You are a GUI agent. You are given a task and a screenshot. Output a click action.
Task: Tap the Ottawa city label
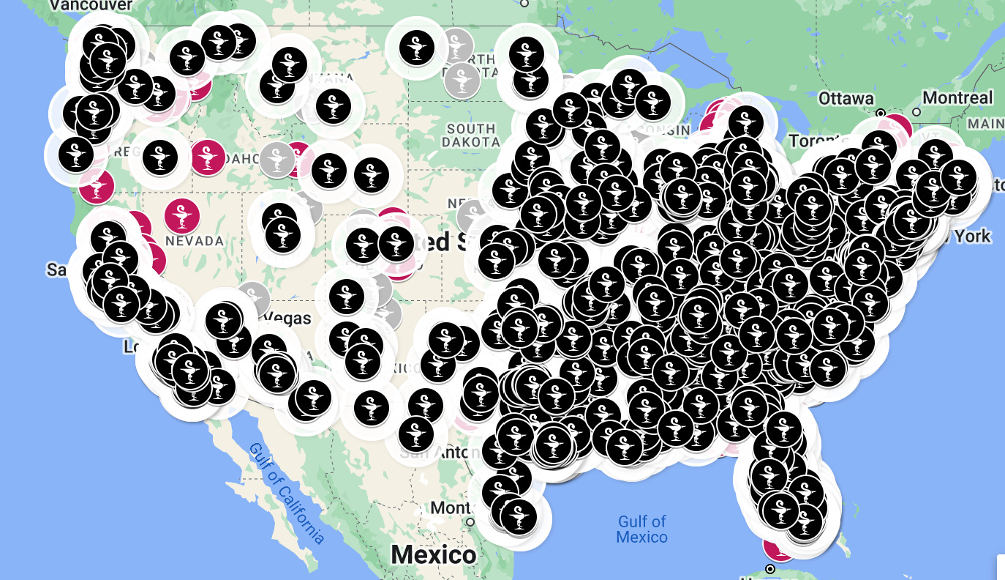coord(846,98)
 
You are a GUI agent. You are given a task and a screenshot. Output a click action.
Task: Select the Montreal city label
coord(957,97)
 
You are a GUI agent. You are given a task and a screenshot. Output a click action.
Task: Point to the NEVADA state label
coord(194,241)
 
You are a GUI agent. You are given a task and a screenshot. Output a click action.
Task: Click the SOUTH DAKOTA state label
coord(473,135)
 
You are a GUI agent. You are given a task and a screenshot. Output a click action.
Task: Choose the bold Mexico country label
coord(433,554)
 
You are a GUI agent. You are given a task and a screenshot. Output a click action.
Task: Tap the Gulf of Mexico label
coord(641,529)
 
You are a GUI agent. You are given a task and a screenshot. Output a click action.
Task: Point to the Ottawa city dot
coord(881,113)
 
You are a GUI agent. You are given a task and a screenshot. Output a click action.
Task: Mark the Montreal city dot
coord(916,113)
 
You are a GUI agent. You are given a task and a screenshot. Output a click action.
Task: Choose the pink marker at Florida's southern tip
coord(777,546)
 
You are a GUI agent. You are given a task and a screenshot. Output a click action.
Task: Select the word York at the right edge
coord(971,236)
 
